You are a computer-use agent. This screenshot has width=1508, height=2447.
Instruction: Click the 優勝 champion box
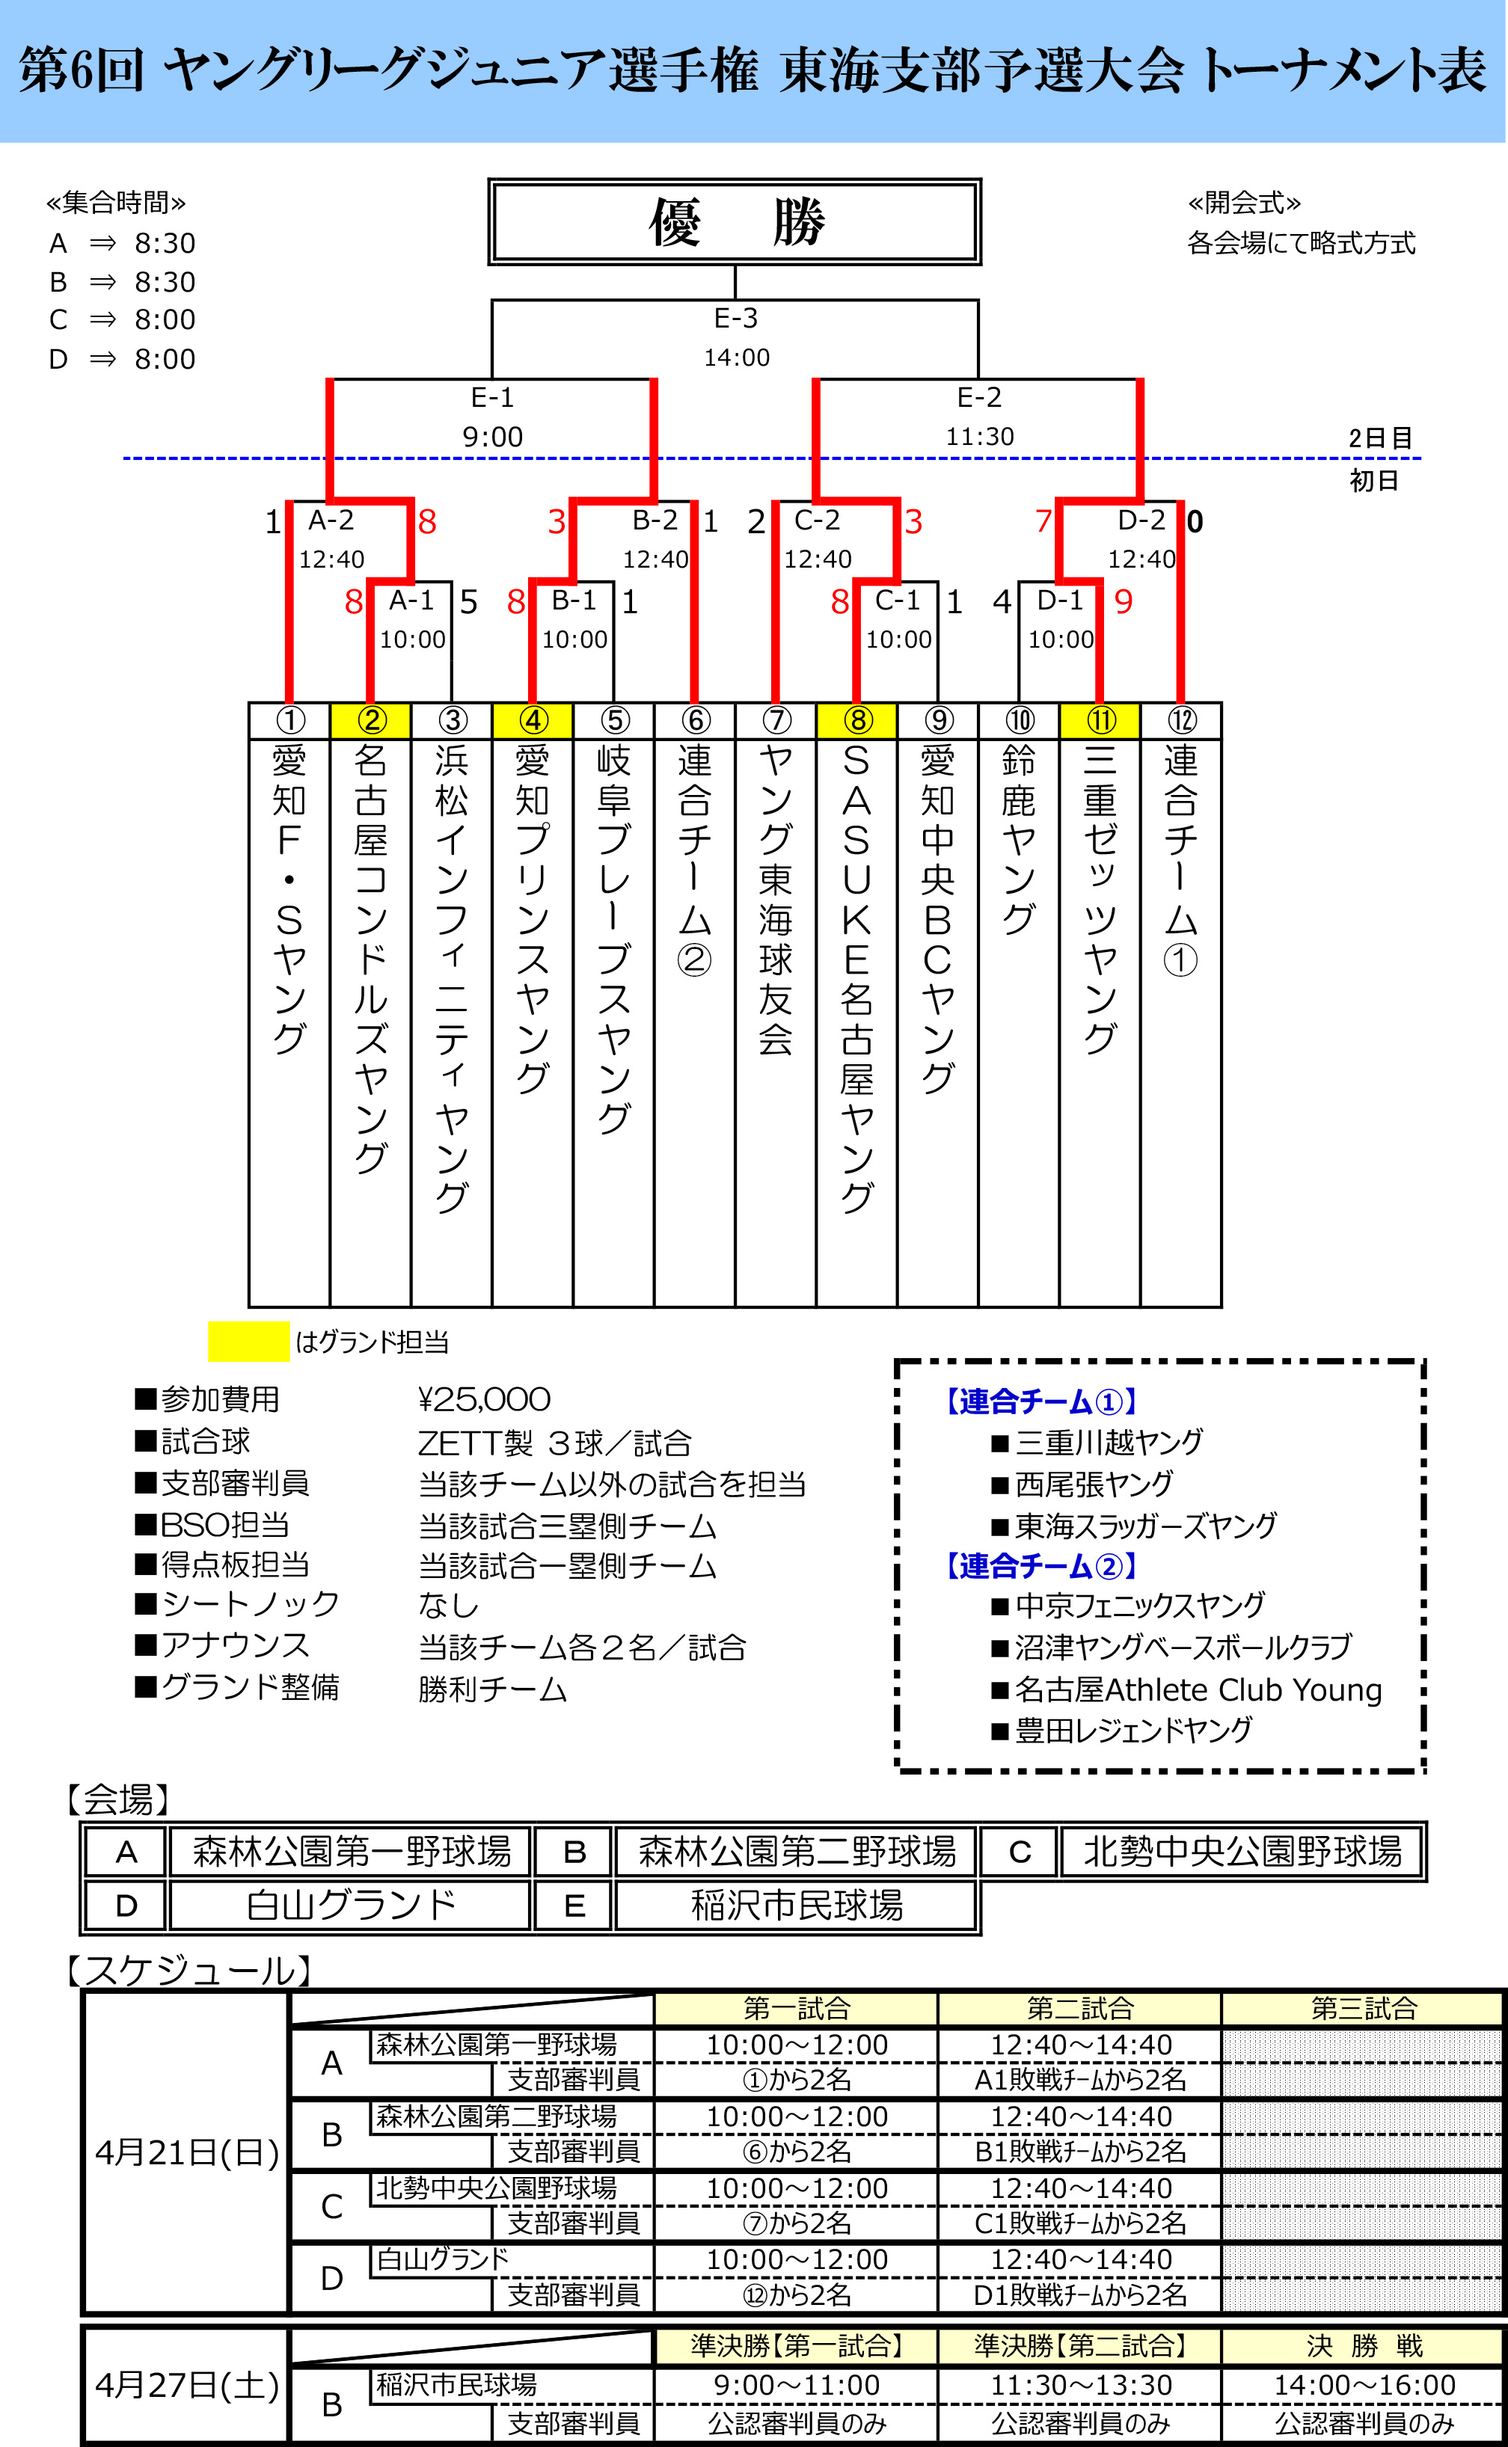pyautogui.click(x=735, y=222)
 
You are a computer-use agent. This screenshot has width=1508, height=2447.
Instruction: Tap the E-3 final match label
pyautogui.click(x=736, y=318)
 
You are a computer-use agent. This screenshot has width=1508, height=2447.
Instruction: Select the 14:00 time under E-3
pyautogui.click(x=736, y=357)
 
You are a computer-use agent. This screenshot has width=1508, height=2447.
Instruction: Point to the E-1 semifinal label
pyautogui.click(x=491, y=398)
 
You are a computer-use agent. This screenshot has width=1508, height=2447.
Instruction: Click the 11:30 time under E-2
pyautogui.click(x=978, y=437)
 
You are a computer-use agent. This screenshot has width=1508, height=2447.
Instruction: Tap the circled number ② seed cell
pyautogui.click(x=370, y=720)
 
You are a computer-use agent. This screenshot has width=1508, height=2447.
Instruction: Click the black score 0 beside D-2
pyautogui.click(x=1195, y=521)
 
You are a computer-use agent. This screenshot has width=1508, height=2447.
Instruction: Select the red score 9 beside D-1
pyautogui.click(x=1123, y=601)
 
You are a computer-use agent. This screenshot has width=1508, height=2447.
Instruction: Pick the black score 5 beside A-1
pyautogui.click(x=468, y=602)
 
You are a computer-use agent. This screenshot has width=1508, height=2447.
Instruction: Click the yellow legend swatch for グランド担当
pyautogui.click(x=248, y=1341)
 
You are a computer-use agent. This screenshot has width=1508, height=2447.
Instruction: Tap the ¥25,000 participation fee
pyautogui.click(x=484, y=1399)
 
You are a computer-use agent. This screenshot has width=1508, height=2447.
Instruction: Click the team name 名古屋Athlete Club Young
pyautogui.click(x=1198, y=1689)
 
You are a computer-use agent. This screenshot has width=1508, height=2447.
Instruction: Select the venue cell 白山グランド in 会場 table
pyautogui.click(x=350, y=1906)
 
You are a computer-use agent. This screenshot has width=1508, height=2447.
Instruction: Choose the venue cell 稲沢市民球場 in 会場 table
pyautogui.click(x=796, y=1906)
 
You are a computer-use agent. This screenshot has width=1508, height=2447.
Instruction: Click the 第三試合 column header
pyautogui.click(x=1364, y=2008)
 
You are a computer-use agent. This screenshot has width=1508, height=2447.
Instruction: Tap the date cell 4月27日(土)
pyautogui.click(x=186, y=2385)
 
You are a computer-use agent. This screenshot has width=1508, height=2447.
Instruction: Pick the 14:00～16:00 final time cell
pyautogui.click(x=1364, y=2385)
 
